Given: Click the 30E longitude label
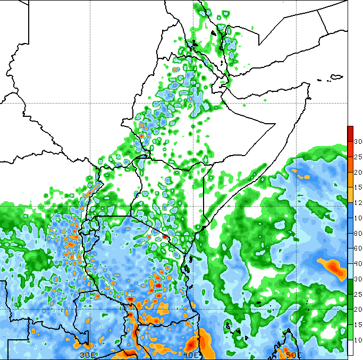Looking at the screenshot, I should pyautogui.click(x=87, y=354).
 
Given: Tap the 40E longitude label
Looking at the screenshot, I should pyautogui.click(x=190, y=354).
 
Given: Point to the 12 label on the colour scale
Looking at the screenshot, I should pyautogui.click(x=358, y=202).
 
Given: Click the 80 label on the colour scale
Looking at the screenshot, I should pyautogui.click(x=358, y=233).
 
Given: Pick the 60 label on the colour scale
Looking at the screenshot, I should pyautogui.click(x=358, y=248).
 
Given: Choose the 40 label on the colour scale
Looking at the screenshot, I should pyautogui.click(x=358, y=264).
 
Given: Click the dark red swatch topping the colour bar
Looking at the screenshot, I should pyautogui.click(x=350, y=131).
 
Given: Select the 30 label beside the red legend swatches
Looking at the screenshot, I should pyautogui.click(x=358, y=142).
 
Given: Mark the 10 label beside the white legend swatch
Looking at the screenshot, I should pyautogui.click(x=358, y=340).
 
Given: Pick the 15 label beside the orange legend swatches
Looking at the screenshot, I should pyautogui.click(x=358, y=187).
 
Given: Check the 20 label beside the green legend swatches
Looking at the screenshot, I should pyautogui.click(x=358, y=310).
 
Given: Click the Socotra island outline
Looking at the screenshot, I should pyautogui.click(x=335, y=77).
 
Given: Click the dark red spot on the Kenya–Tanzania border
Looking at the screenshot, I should pyautogui.click(x=165, y=236).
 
